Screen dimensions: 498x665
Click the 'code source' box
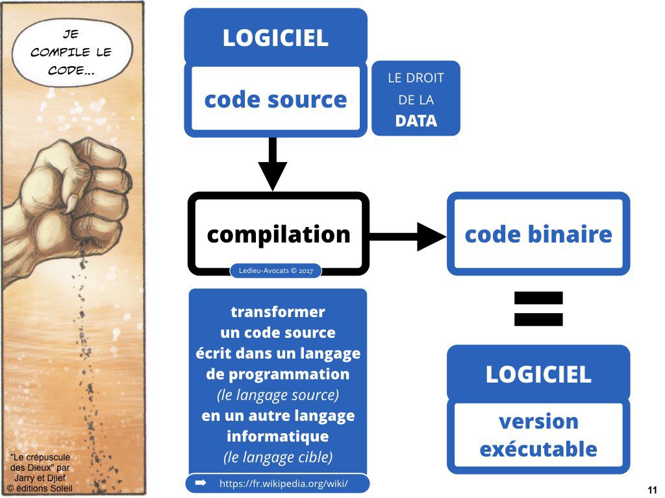click(275, 99)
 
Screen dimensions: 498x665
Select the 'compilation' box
click(278, 234)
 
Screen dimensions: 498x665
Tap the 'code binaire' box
click(538, 234)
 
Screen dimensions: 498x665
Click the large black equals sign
click(538, 309)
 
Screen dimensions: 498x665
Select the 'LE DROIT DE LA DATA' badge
click(416, 99)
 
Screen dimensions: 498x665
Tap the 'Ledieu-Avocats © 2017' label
click(276, 270)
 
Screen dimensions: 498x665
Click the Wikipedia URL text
click(284, 484)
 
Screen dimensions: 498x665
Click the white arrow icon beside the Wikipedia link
click(201, 483)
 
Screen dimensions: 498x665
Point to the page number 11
click(652, 490)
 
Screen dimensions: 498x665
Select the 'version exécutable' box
click(538, 435)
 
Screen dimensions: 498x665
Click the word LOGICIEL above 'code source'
click(275, 38)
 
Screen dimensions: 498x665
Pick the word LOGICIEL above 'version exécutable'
click(538, 374)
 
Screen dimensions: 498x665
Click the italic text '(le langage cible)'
click(278, 457)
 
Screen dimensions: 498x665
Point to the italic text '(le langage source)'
click(278, 395)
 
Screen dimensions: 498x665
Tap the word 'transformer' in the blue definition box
click(278, 312)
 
